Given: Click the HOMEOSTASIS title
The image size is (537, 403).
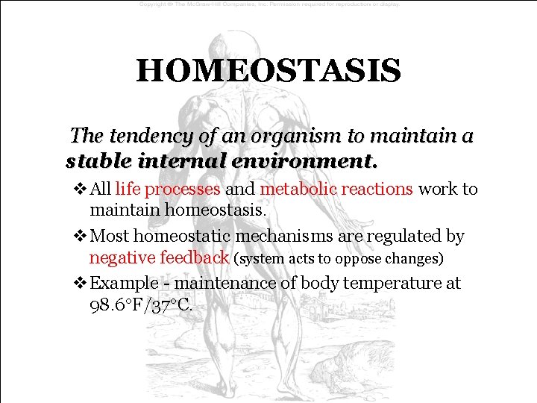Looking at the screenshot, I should pos(268,72).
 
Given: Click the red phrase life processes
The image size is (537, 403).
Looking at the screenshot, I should pos(167,189).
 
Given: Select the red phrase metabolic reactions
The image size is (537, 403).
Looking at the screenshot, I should pos(336,189).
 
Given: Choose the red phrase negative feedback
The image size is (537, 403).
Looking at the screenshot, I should pos(159,258).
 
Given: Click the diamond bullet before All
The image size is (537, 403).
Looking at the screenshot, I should pos(80,190).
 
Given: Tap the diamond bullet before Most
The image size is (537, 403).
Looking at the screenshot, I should pos(80,237).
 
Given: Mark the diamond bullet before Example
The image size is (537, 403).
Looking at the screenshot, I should pos(80,284).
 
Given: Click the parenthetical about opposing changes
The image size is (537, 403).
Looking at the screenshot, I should pos(339,259).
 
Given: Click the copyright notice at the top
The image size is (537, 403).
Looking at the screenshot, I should pos(268,4).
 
